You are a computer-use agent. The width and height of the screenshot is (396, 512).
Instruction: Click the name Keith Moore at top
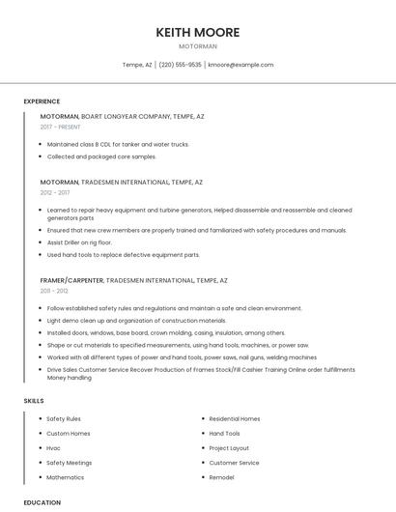(x=198, y=32)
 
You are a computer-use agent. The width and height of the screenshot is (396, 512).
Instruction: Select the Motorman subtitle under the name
(x=198, y=46)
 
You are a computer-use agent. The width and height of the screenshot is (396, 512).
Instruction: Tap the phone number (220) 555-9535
(x=181, y=65)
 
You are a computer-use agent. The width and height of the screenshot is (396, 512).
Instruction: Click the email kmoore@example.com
(x=240, y=65)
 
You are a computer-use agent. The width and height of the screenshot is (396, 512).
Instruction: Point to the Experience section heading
(x=42, y=101)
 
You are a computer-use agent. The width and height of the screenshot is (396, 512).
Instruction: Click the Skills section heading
(x=34, y=400)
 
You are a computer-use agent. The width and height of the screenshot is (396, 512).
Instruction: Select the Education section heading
(x=42, y=502)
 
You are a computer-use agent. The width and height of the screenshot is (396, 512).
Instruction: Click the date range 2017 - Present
(x=60, y=127)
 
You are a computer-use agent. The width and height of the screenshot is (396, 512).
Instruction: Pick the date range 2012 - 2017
(x=55, y=192)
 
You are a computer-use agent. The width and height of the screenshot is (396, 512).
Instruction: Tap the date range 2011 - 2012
(x=54, y=291)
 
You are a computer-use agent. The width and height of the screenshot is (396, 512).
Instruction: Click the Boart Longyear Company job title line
(x=122, y=116)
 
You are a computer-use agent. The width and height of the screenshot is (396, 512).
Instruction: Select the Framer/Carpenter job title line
(x=133, y=280)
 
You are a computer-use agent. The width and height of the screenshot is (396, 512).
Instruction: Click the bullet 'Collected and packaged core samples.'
(x=101, y=156)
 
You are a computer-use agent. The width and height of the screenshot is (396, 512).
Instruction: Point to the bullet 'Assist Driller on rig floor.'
(x=80, y=242)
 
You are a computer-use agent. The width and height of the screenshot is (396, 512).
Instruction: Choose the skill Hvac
(x=54, y=448)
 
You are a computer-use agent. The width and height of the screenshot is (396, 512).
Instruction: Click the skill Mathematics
(x=65, y=477)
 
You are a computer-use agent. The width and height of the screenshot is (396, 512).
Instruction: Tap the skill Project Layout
(x=229, y=448)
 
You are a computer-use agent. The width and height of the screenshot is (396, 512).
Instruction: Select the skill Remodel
(x=222, y=477)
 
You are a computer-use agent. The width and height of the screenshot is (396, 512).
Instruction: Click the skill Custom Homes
(x=68, y=434)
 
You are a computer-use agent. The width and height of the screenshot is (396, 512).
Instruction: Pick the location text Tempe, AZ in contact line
(x=137, y=65)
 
